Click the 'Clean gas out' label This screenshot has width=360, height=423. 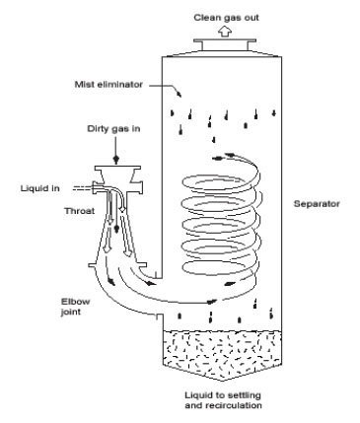pyautogui.click(x=224, y=9)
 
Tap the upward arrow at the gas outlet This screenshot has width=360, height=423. pyautogui.click(x=224, y=30)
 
